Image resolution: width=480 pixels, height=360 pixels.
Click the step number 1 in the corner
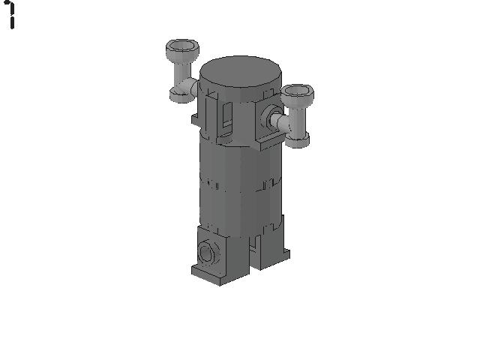point(11,15)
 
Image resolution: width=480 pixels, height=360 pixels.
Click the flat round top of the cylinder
point(240,74)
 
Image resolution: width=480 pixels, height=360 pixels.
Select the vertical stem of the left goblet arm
point(182,73)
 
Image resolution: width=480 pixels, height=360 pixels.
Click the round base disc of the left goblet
point(181,95)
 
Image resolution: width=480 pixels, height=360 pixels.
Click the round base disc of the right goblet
point(297,140)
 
